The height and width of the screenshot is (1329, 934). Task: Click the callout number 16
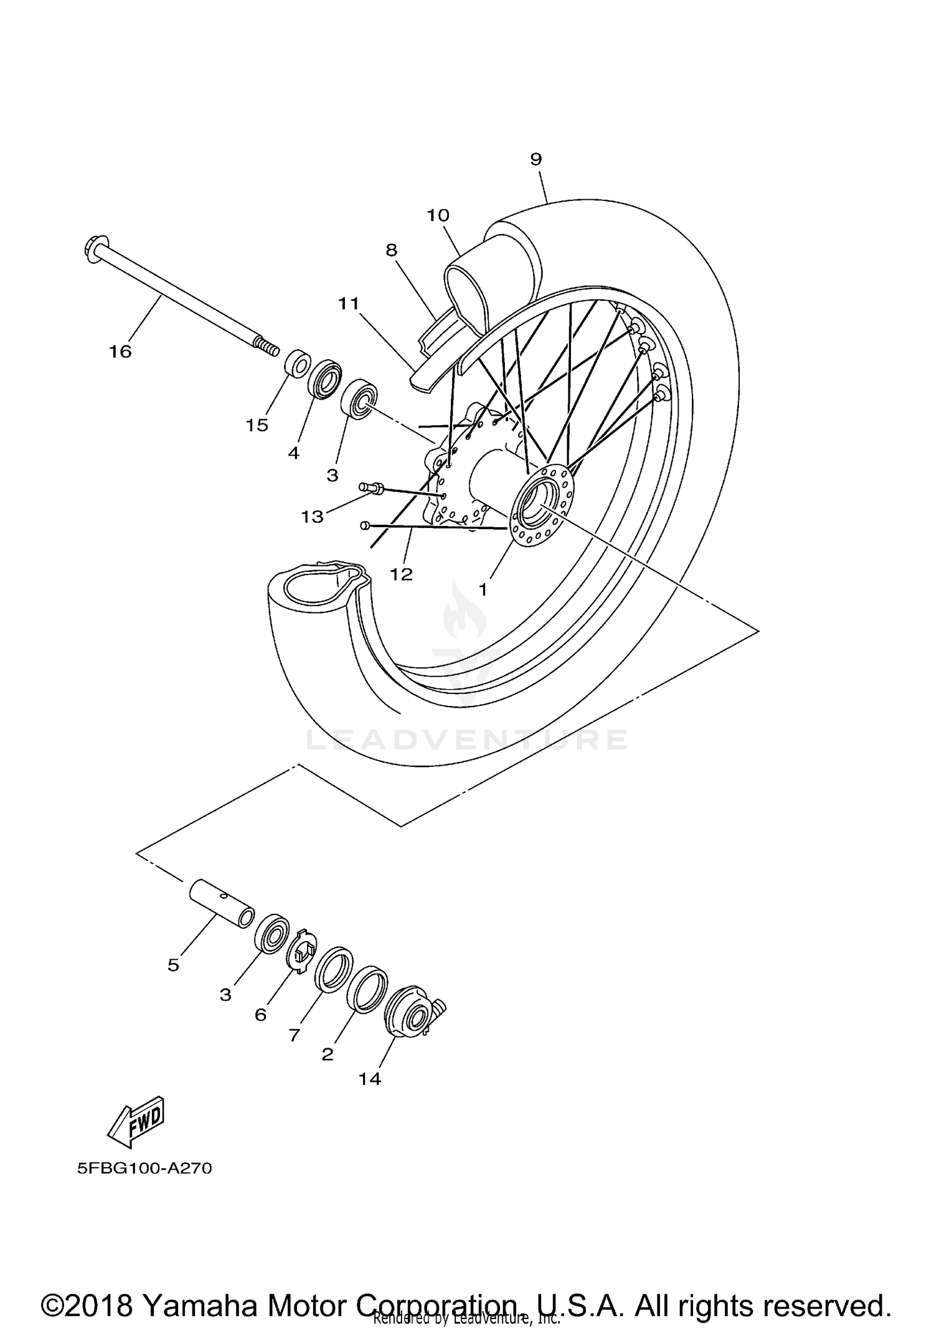tap(120, 352)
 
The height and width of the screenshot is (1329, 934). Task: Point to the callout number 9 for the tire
tap(536, 159)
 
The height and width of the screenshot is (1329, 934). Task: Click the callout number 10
tap(438, 215)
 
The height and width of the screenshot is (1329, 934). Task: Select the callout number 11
tap(349, 303)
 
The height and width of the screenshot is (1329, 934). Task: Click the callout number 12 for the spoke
tap(402, 574)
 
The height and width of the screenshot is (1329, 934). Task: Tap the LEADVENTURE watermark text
tap(467, 740)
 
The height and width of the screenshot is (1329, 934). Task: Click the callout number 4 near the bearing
tap(293, 453)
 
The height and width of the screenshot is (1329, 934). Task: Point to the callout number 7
tap(294, 1035)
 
